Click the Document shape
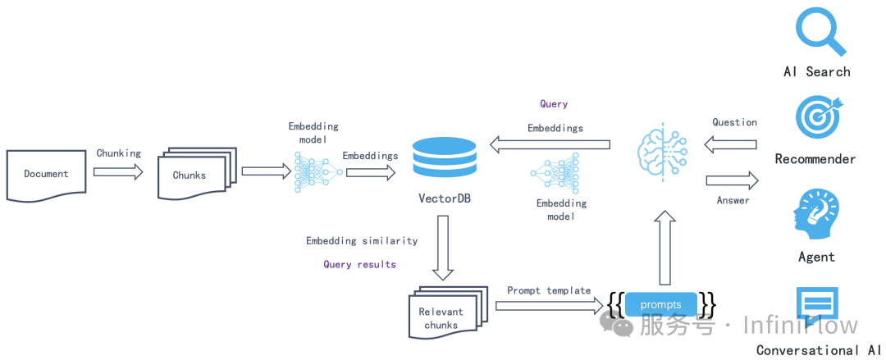47,175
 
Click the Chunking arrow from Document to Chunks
118,172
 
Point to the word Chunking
119,153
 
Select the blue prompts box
660,305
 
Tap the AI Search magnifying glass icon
820,30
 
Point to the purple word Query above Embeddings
554,104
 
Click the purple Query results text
359,264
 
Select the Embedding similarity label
362,241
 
